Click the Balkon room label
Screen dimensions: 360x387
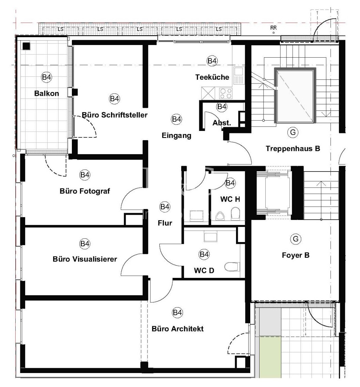(x=46, y=93)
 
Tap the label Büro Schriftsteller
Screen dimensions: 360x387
(x=115, y=115)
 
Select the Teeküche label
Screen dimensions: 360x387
(x=212, y=77)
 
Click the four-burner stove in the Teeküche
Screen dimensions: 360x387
(x=226, y=93)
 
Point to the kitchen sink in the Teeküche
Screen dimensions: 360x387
(x=238, y=75)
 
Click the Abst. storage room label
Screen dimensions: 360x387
(x=222, y=123)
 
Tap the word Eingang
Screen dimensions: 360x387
(x=176, y=135)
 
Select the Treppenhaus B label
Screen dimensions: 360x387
(x=293, y=149)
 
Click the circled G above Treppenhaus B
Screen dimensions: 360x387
(x=293, y=132)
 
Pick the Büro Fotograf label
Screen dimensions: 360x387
(x=85, y=191)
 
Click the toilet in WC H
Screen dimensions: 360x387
(x=235, y=213)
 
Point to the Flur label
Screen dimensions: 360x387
(x=165, y=223)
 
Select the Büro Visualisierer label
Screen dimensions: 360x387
(x=85, y=259)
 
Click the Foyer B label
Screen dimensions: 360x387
(x=296, y=255)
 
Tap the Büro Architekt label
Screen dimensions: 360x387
(x=177, y=329)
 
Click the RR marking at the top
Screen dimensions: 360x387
(x=273, y=28)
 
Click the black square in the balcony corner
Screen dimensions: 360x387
(x=26, y=46)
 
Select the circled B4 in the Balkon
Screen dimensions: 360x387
(x=46, y=77)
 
